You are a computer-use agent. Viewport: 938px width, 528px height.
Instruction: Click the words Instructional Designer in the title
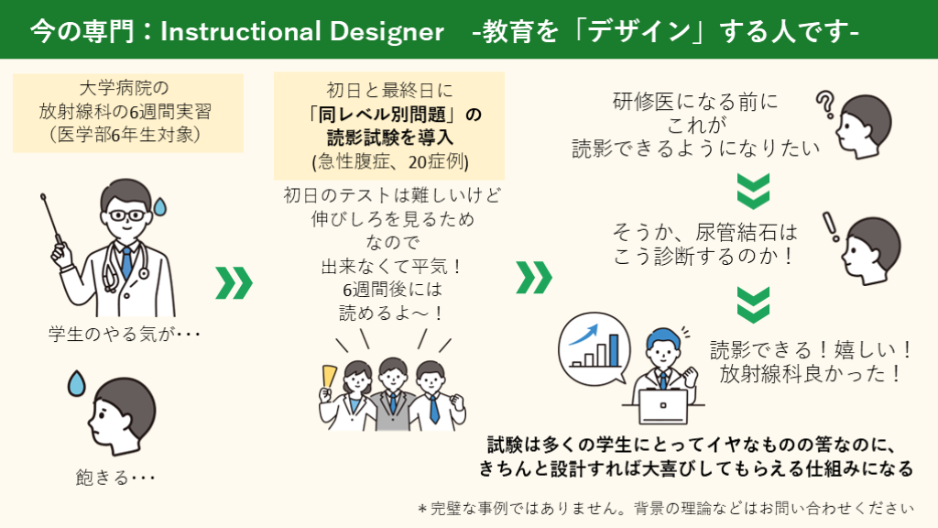[302, 31]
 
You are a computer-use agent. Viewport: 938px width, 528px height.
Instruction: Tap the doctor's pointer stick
[51, 219]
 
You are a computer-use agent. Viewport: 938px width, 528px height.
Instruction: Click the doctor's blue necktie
[126, 263]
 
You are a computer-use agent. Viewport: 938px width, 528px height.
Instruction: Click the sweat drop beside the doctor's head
[159, 206]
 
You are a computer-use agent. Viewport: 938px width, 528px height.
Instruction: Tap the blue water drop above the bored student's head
[76, 383]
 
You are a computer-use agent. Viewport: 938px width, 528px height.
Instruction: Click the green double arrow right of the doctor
[234, 282]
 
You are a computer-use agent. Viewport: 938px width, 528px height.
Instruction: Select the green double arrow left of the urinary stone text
[534, 277]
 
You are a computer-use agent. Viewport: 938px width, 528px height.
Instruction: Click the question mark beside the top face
[825, 104]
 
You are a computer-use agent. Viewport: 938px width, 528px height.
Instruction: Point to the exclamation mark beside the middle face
[830, 227]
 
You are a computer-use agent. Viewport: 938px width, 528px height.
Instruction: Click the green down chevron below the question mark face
[753, 191]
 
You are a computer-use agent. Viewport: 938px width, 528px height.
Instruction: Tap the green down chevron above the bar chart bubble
[753, 304]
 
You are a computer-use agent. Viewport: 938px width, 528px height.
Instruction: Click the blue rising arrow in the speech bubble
[584, 335]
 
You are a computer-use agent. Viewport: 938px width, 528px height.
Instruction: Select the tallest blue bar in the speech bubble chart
[614, 349]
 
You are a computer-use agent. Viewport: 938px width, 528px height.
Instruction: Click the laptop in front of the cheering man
[663, 406]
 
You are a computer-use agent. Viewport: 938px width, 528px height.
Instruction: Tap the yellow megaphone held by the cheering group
[329, 378]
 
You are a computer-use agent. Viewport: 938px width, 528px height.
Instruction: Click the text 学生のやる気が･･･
[125, 334]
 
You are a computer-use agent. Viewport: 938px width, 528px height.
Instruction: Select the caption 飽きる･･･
[115, 477]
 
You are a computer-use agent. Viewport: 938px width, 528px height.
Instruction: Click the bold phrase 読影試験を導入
[389, 137]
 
